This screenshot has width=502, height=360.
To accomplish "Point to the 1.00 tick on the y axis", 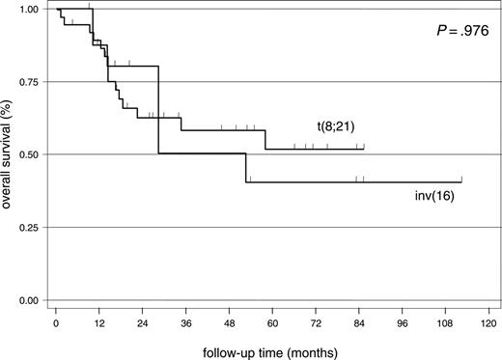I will click(26, 10).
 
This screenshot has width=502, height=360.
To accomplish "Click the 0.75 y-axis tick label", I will click(26, 82).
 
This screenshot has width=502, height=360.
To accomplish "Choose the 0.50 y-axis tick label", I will click(26, 154).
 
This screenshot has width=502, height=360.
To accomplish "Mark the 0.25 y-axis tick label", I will click(26, 228).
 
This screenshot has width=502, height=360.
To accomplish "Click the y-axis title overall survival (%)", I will click(8, 154).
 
